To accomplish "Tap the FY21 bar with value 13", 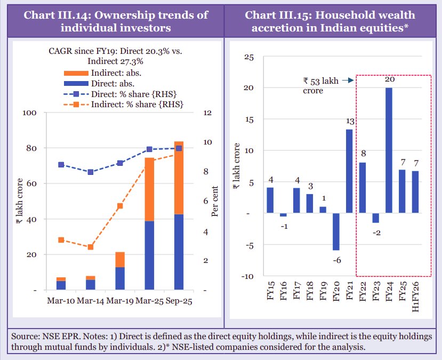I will pyautogui.click(x=349, y=171).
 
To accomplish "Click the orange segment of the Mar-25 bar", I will pyautogui.click(x=149, y=189).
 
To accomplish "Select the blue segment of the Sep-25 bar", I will pyautogui.click(x=178, y=252).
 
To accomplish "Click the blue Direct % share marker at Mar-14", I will pyautogui.click(x=91, y=172).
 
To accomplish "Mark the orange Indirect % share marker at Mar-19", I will pyautogui.click(x=120, y=206).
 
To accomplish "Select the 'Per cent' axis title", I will pyautogui.click(x=215, y=202).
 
